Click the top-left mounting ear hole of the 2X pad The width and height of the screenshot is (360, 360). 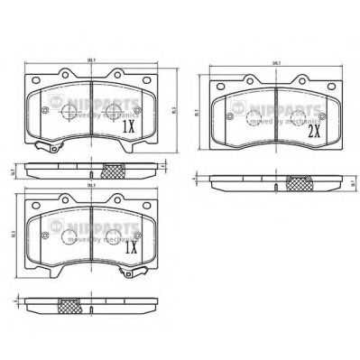[245, 84]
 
